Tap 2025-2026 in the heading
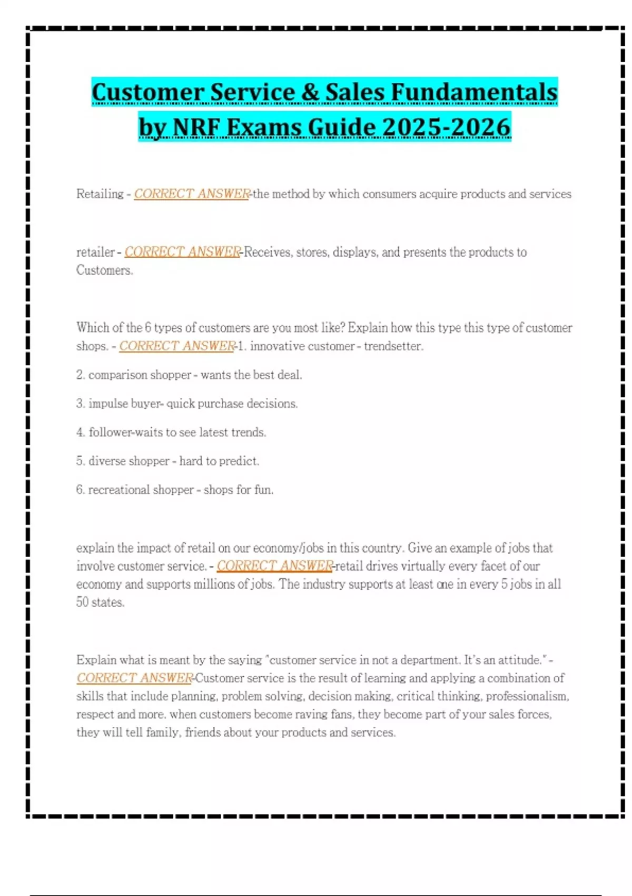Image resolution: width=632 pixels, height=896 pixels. point(446,127)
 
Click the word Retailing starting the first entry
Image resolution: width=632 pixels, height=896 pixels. point(100,194)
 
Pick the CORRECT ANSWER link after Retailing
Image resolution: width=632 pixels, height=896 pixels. point(192,194)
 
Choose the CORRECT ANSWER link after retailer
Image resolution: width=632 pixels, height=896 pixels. point(182,252)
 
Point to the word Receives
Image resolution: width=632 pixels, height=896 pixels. point(268,252)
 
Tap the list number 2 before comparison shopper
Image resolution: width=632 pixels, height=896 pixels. point(80,375)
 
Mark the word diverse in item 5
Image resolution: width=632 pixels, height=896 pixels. point(107,461)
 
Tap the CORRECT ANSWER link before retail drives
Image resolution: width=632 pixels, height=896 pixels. point(274,566)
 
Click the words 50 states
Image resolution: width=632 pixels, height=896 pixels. point(100,602)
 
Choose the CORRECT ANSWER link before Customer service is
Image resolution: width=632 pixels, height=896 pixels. point(134,678)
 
